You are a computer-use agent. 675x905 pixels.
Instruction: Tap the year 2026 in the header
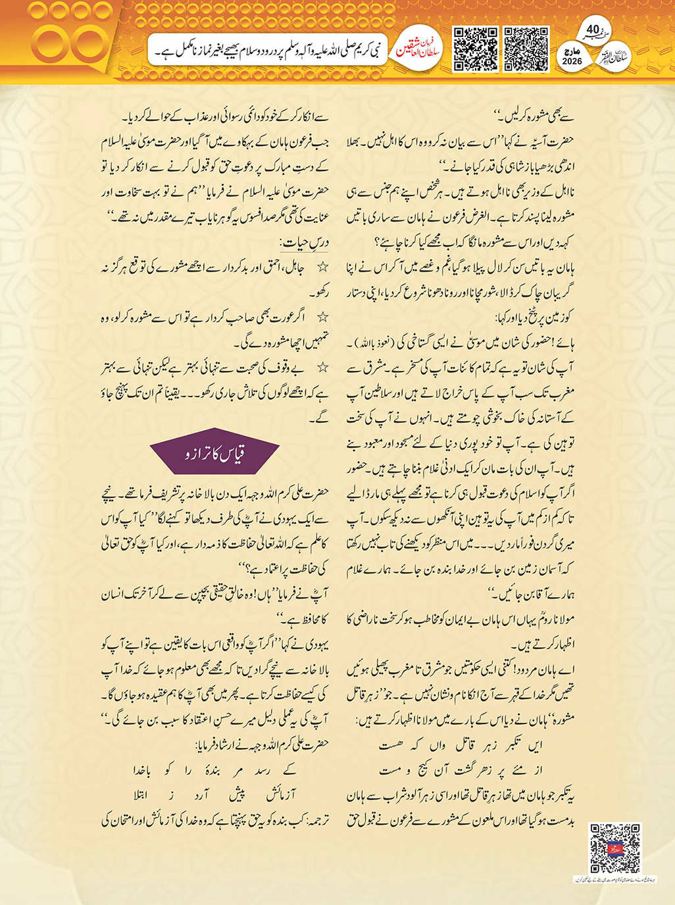(x=572, y=61)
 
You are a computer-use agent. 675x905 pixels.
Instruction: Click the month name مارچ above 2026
(x=572, y=51)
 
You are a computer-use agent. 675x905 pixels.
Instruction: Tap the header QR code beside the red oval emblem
(x=476, y=49)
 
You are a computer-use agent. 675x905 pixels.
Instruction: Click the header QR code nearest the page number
(x=526, y=49)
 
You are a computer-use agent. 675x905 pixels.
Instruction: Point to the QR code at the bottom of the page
(x=614, y=848)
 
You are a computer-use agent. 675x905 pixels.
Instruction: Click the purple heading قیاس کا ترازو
(x=215, y=454)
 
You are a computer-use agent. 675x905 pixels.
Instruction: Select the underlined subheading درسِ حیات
(x=303, y=243)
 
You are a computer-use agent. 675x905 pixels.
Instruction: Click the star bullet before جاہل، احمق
(x=322, y=268)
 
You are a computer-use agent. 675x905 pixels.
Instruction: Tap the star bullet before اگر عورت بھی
(x=322, y=318)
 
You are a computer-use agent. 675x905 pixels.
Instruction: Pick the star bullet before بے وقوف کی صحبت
(x=322, y=368)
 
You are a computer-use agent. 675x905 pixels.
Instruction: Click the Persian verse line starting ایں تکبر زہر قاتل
(x=461, y=746)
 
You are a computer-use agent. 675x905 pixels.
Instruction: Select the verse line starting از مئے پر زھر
(x=461, y=770)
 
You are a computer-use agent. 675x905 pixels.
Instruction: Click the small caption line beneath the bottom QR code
(x=614, y=879)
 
